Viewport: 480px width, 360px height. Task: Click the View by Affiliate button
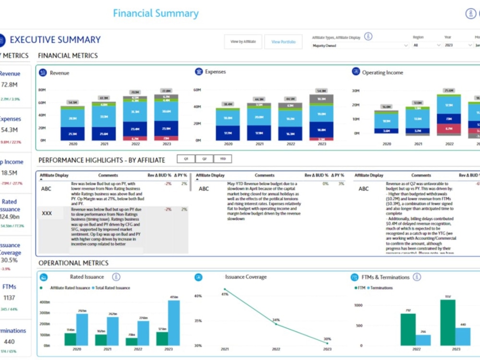click(x=243, y=42)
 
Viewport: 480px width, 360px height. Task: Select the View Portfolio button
click(x=283, y=42)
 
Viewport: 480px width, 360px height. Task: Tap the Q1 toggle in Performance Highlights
click(x=186, y=159)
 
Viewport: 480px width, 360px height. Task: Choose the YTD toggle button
click(x=223, y=159)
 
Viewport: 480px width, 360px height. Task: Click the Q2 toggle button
click(x=204, y=159)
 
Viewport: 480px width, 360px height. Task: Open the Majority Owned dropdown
click(x=360, y=46)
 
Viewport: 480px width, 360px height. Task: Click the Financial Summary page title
click(x=156, y=13)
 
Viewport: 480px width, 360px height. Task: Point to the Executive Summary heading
click(x=55, y=40)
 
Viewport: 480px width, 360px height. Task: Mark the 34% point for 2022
click(x=276, y=323)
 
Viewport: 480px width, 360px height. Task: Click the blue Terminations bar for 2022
click(x=423, y=340)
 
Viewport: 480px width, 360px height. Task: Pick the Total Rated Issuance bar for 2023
click(x=174, y=323)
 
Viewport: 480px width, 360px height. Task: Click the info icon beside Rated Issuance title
click(x=116, y=277)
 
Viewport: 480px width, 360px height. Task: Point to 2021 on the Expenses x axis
click(x=259, y=144)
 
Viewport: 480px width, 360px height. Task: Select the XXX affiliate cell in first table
click(x=47, y=213)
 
